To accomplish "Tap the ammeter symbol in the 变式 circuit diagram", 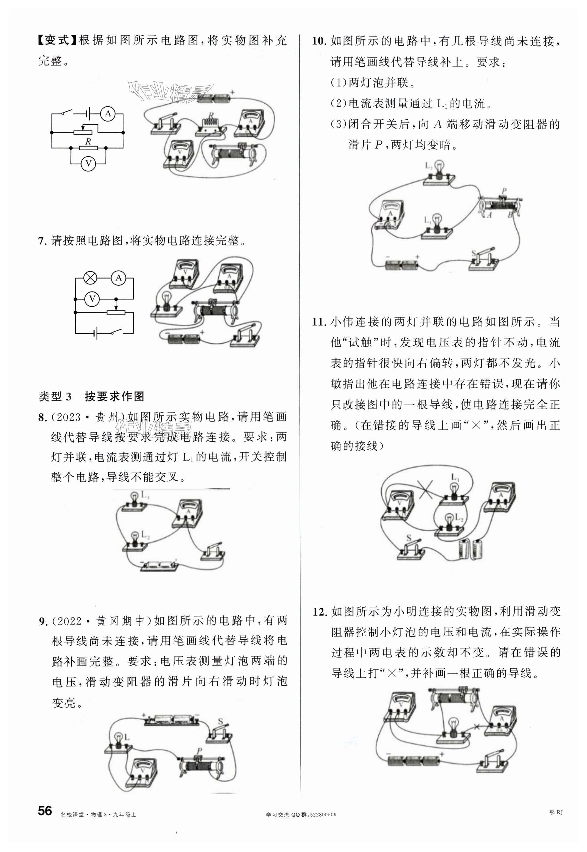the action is click(107, 114).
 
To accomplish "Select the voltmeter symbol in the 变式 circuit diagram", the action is click(88, 163).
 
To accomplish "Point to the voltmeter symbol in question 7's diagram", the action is click(92, 299).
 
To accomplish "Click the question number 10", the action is click(319, 41).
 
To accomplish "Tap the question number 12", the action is click(320, 612).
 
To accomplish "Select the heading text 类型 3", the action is click(55, 396).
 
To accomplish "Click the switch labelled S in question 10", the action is click(483, 259).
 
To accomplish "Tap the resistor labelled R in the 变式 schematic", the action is click(88, 148).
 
